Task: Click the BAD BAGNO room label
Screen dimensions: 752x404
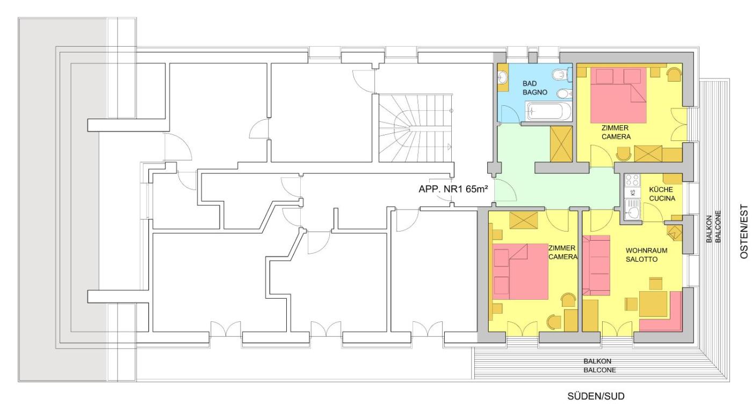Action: click(x=535, y=88)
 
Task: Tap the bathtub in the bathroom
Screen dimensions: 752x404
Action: click(x=548, y=112)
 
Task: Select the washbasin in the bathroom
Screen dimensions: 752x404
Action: click(x=502, y=77)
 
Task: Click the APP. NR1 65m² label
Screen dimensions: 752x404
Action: click(x=453, y=189)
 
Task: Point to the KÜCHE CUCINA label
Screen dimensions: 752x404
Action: click(x=662, y=194)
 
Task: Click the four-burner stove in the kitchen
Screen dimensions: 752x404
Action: click(x=633, y=180)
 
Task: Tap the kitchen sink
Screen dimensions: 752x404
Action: click(x=633, y=211)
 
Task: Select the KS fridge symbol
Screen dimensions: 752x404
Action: click(x=633, y=193)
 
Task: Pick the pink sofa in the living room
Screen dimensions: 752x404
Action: click(x=596, y=265)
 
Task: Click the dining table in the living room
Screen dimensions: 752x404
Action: click(x=653, y=304)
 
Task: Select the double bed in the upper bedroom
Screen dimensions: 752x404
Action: click(x=618, y=96)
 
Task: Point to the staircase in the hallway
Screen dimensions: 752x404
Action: click(x=416, y=128)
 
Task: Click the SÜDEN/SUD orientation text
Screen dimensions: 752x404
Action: click(x=596, y=396)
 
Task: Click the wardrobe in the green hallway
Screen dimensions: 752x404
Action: click(x=561, y=144)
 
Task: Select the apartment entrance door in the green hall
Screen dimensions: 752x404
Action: click(x=505, y=190)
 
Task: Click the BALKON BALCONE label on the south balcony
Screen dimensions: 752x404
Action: click(x=599, y=366)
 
